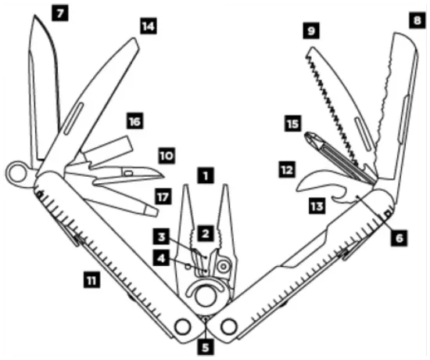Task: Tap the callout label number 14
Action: pyautogui.click(x=147, y=26)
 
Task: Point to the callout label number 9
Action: pyautogui.click(x=311, y=32)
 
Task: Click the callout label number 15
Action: pyautogui.click(x=292, y=124)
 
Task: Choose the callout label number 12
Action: pyautogui.click(x=286, y=167)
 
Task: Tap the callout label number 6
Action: pyautogui.click(x=400, y=235)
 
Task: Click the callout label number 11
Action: pyautogui.click(x=92, y=277)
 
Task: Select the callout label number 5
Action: pyautogui.click(x=205, y=345)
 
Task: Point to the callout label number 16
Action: pyautogui.click(x=135, y=121)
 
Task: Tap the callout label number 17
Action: pyautogui.click(x=161, y=197)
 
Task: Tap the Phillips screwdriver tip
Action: pyautogui.click(x=310, y=141)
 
